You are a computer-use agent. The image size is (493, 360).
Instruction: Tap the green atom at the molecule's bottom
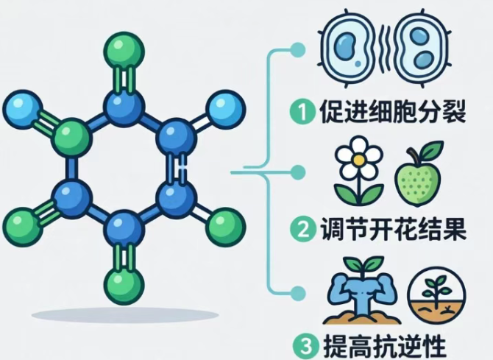tap(124, 285)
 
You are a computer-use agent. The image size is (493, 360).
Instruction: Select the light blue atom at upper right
tap(225, 109)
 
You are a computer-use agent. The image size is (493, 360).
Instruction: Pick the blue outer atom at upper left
tap(23, 109)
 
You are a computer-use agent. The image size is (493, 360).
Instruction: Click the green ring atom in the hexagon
tap(73, 138)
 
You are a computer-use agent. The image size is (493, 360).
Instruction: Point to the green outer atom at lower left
tap(23, 227)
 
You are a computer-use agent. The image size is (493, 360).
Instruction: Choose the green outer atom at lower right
tap(225, 227)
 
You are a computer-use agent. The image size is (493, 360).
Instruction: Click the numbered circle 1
tap(302, 112)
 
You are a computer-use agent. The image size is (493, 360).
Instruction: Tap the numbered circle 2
tap(302, 229)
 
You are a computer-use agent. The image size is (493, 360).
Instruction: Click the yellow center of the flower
tap(358, 160)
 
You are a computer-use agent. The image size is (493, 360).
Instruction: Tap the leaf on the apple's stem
tap(432, 149)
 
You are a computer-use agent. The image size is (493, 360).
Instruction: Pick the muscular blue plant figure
tap(362, 290)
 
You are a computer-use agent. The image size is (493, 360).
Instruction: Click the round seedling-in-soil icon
tap(436, 295)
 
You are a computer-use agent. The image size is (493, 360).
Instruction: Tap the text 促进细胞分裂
tap(392, 112)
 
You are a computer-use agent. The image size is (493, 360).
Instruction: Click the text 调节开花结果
tap(393, 229)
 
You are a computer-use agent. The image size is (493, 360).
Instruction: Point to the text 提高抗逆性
tap(385, 346)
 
